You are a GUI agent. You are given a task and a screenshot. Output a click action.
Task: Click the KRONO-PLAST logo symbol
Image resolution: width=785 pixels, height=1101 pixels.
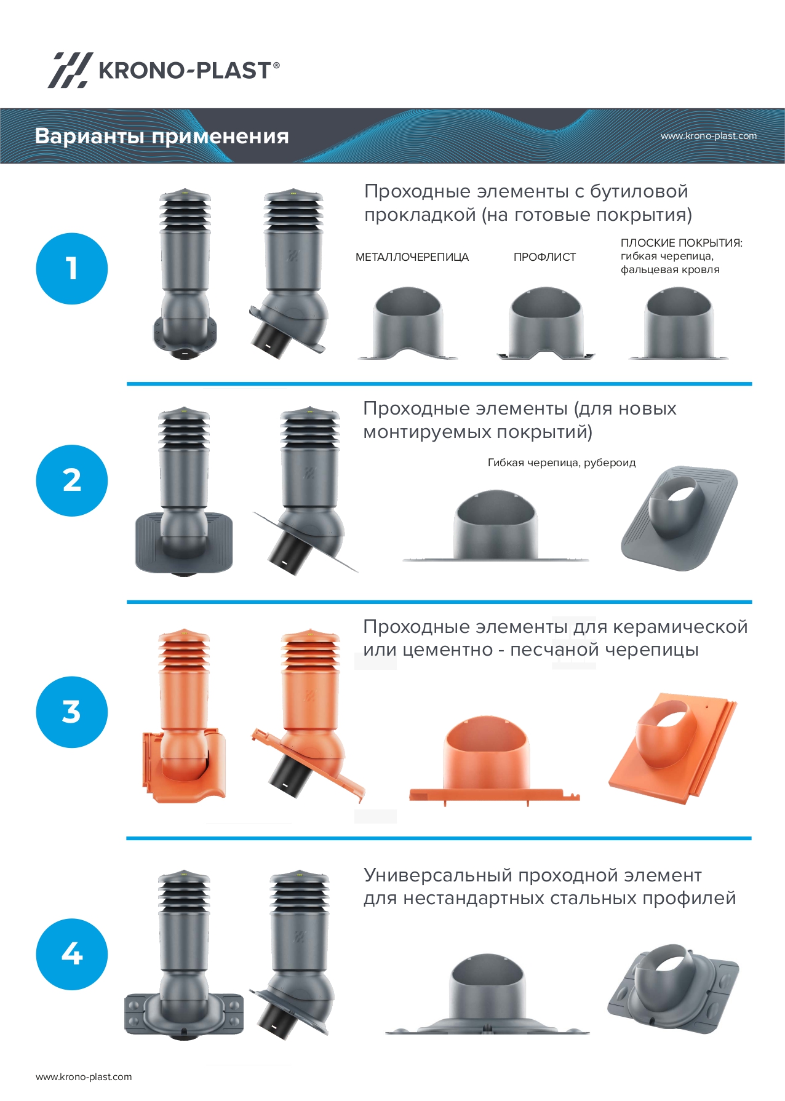(70, 70)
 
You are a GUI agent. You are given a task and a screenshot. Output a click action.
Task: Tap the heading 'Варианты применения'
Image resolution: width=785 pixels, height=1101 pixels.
(162, 136)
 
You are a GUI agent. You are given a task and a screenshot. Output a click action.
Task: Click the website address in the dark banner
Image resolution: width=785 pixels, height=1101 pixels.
(709, 136)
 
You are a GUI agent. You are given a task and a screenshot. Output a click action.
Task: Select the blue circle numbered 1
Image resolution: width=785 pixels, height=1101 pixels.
(72, 269)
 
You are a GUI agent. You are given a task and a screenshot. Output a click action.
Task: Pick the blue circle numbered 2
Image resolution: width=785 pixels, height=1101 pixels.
(72, 480)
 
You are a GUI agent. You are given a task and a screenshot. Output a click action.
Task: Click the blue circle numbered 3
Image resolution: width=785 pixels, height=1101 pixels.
(72, 712)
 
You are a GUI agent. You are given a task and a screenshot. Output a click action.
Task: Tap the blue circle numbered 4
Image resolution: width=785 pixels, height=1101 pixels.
(72, 954)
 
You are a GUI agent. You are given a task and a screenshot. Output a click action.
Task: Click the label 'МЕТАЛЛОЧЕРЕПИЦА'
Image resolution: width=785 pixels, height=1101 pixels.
(412, 257)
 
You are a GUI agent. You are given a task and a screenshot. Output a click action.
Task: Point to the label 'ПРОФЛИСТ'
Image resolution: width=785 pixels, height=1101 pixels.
(544, 257)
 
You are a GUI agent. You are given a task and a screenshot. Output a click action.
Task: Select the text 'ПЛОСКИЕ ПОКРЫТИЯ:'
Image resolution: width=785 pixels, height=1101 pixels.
(682, 243)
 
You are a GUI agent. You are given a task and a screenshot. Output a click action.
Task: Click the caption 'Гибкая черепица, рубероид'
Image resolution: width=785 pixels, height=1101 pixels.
(562, 463)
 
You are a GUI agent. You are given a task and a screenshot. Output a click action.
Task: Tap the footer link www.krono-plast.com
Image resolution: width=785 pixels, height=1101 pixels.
(84, 1076)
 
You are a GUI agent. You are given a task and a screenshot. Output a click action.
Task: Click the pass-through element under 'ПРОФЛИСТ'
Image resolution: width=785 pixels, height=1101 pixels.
(546, 324)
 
